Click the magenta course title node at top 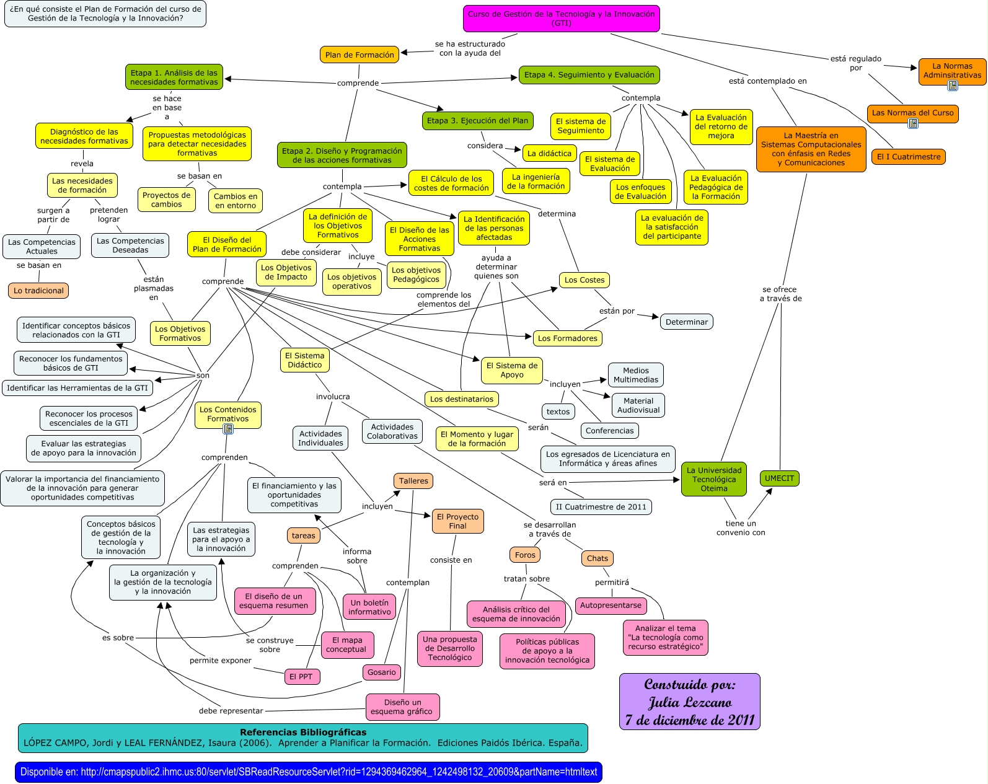pos(561,19)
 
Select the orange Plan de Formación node pos(359,55)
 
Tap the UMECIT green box pos(779,478)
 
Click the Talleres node pos(413,481)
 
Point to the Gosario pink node pos(381,672)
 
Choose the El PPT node pos(301,677)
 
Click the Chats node pos(598,558)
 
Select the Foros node pos(525,555)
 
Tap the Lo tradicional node pos(38,291)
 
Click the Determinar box pos(686,322)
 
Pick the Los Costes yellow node pos(584,280)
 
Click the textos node pos(558,412)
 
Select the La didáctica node pos(549,153)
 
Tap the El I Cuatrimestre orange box pos(909,157)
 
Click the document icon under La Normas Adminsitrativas pos(953,86)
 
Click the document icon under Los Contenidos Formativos pos(228,428)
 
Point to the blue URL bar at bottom pos(308,772)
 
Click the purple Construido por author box pos(689,702)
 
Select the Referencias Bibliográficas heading pos(303,733)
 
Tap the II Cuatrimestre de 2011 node pos(601,507)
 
